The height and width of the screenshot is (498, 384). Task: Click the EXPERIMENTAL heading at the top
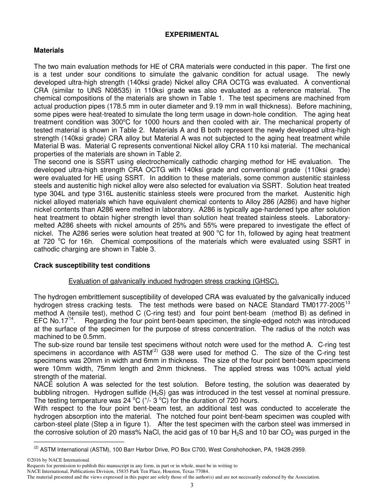pyautogui.click(x=192, y=35)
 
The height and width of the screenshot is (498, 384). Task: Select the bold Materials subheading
pyautogui.click(x=49, y=51)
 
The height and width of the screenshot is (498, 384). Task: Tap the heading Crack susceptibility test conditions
pyautogui.click(x=92, y=265)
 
